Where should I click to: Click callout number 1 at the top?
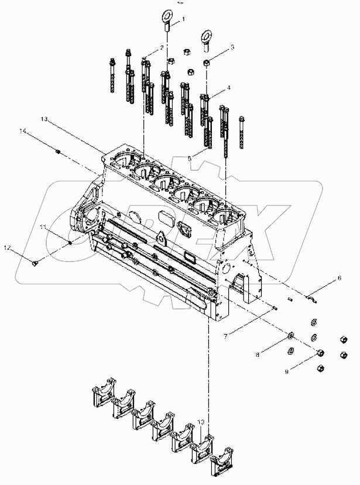pyautogui.click(x=183, y=19)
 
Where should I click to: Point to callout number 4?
pyautogui.click(x=228, y=88)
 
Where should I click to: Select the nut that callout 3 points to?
pyautogui.click(x=207, y=62)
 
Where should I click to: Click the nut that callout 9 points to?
pyautogui.click(x=320, y=353)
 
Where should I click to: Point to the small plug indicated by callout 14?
pyautogui.click(x=59, y=152)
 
